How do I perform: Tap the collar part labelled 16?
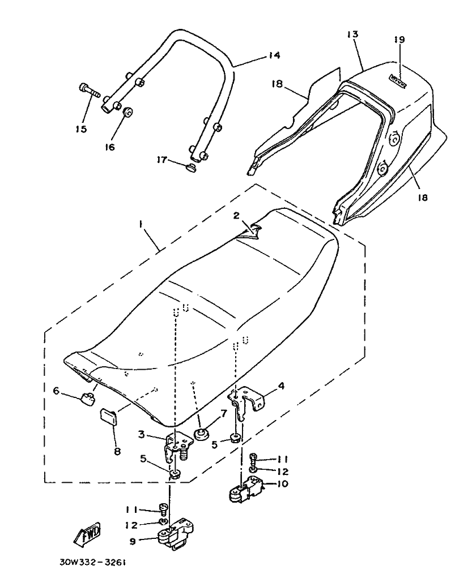coord(128,112)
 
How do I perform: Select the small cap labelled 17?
coord(190,167)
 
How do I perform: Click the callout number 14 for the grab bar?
coord(274,55)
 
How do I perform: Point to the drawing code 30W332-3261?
coord(92,564)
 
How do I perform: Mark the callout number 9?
coord(133,541)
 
